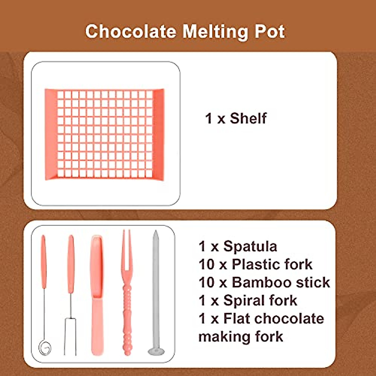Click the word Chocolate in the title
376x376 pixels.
[131, 31]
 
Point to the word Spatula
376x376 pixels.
[250, 247]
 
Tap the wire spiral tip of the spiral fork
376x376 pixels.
[45, 347]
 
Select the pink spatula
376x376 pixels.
[97, 295]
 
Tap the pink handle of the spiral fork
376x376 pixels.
[44, 262]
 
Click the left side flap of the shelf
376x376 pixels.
[51, 135]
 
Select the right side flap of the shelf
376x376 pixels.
[158, 135]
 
